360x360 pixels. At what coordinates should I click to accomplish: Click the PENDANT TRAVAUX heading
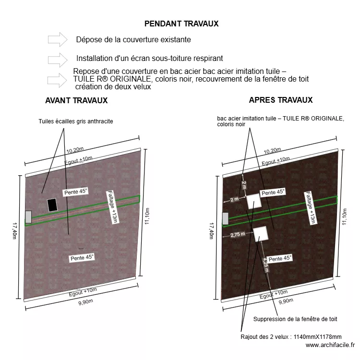[x=181, y=24]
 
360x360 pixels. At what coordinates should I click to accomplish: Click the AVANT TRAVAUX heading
[x=76, y=101]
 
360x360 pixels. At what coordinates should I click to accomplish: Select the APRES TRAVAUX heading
[x=281, y=100]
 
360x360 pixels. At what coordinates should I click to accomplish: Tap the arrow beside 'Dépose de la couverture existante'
[x=58, y=39]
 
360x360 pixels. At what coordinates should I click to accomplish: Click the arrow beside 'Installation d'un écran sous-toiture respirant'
[x=58, y=59]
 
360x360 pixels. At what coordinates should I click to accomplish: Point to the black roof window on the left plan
[x=52, y=205]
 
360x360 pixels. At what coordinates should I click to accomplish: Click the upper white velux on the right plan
[x=253, y=202]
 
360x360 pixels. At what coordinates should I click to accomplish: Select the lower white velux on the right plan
[x=260, y=234]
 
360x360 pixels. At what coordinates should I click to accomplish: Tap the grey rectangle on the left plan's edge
[x=28, y=217]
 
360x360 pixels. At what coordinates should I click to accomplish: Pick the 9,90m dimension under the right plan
[x=286, y=301]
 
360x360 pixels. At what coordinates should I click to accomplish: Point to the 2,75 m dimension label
[x=238, y=235]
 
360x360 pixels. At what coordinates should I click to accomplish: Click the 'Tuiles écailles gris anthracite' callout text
[x=76, y=121]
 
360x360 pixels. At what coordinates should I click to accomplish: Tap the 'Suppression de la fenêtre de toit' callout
[x=295, y=319]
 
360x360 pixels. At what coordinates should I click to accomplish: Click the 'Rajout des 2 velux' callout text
[x=291, y=337]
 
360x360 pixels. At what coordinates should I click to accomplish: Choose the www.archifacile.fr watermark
[x=330, y=345]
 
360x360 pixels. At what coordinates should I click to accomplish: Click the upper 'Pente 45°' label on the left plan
[x=76, y=192]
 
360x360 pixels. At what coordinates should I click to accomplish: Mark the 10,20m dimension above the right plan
[x=274, y=151]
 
